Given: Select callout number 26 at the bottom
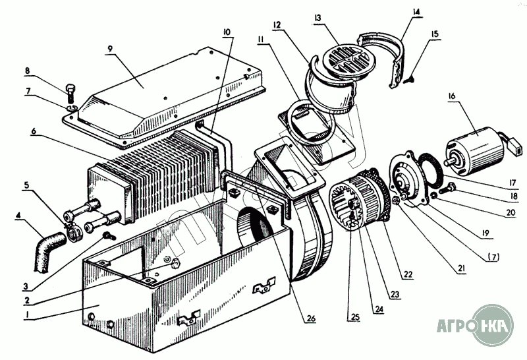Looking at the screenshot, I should point(310,318).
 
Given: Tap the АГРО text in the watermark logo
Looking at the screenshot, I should point(455,325).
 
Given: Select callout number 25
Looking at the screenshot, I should point(355,317).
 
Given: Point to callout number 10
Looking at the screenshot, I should point(227,32).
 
